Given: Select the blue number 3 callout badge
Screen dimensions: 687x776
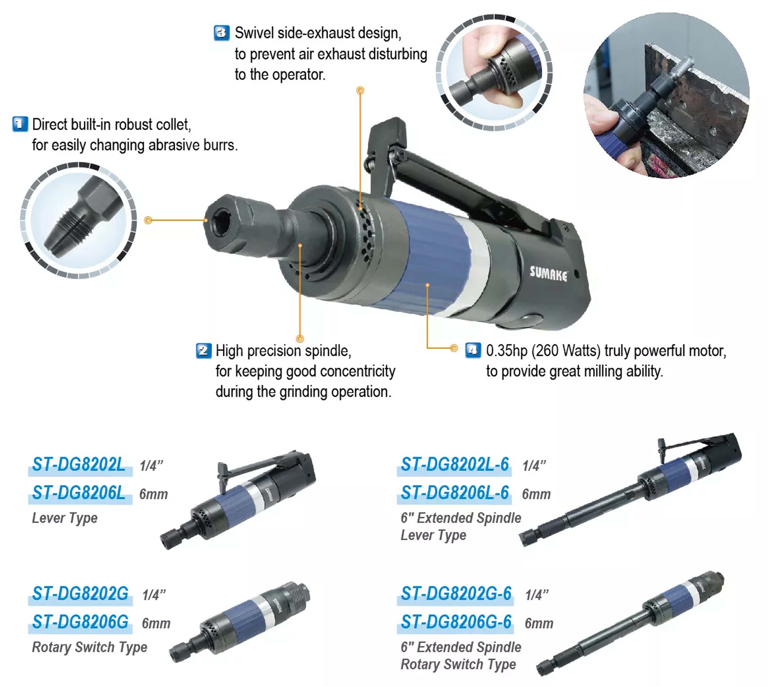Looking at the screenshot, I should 221,33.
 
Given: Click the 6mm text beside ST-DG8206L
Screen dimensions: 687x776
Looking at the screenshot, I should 153,494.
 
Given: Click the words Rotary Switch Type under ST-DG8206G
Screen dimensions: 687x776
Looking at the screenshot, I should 90,647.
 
